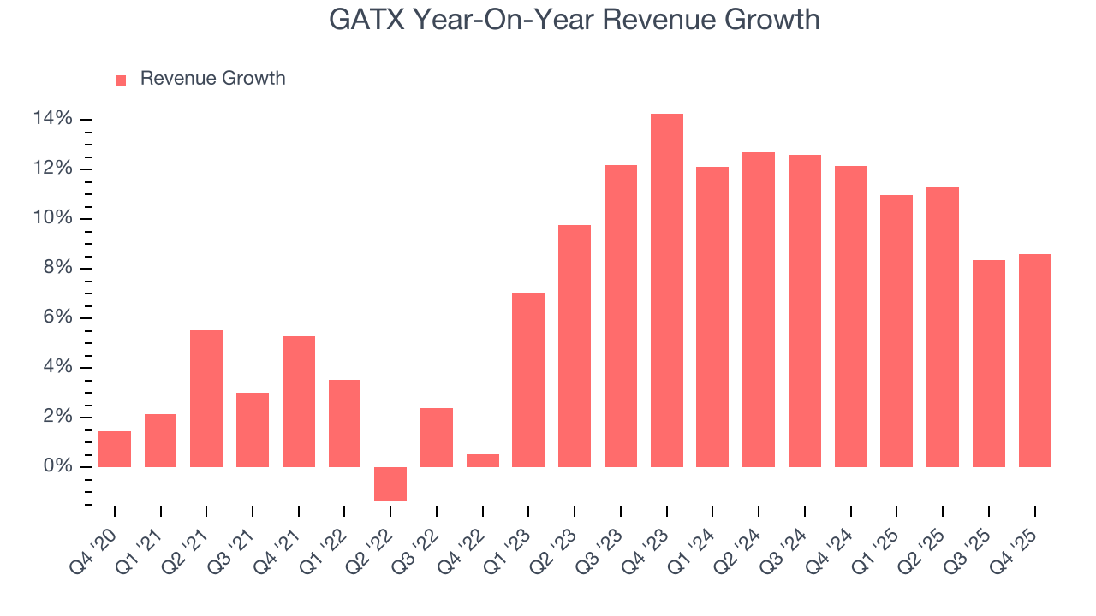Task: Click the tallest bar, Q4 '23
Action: click(x=666, y=291)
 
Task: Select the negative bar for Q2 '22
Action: click(x=390, y=483)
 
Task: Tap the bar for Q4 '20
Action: click(x=115, y=449)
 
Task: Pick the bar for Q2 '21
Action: click(x=206, y=399)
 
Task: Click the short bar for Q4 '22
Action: click(x=482, y=460)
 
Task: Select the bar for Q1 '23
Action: click(x=528, y=380)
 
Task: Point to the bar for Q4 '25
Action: click(x=1034, y=360)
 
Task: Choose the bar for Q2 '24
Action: click(x=759, y=310)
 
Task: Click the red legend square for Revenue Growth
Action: click(x=121, y=80)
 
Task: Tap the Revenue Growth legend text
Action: click(x=212, y=79)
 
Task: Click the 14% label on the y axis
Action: click(x=52, y=119)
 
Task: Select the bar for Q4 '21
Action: click(x=299, y=402)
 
